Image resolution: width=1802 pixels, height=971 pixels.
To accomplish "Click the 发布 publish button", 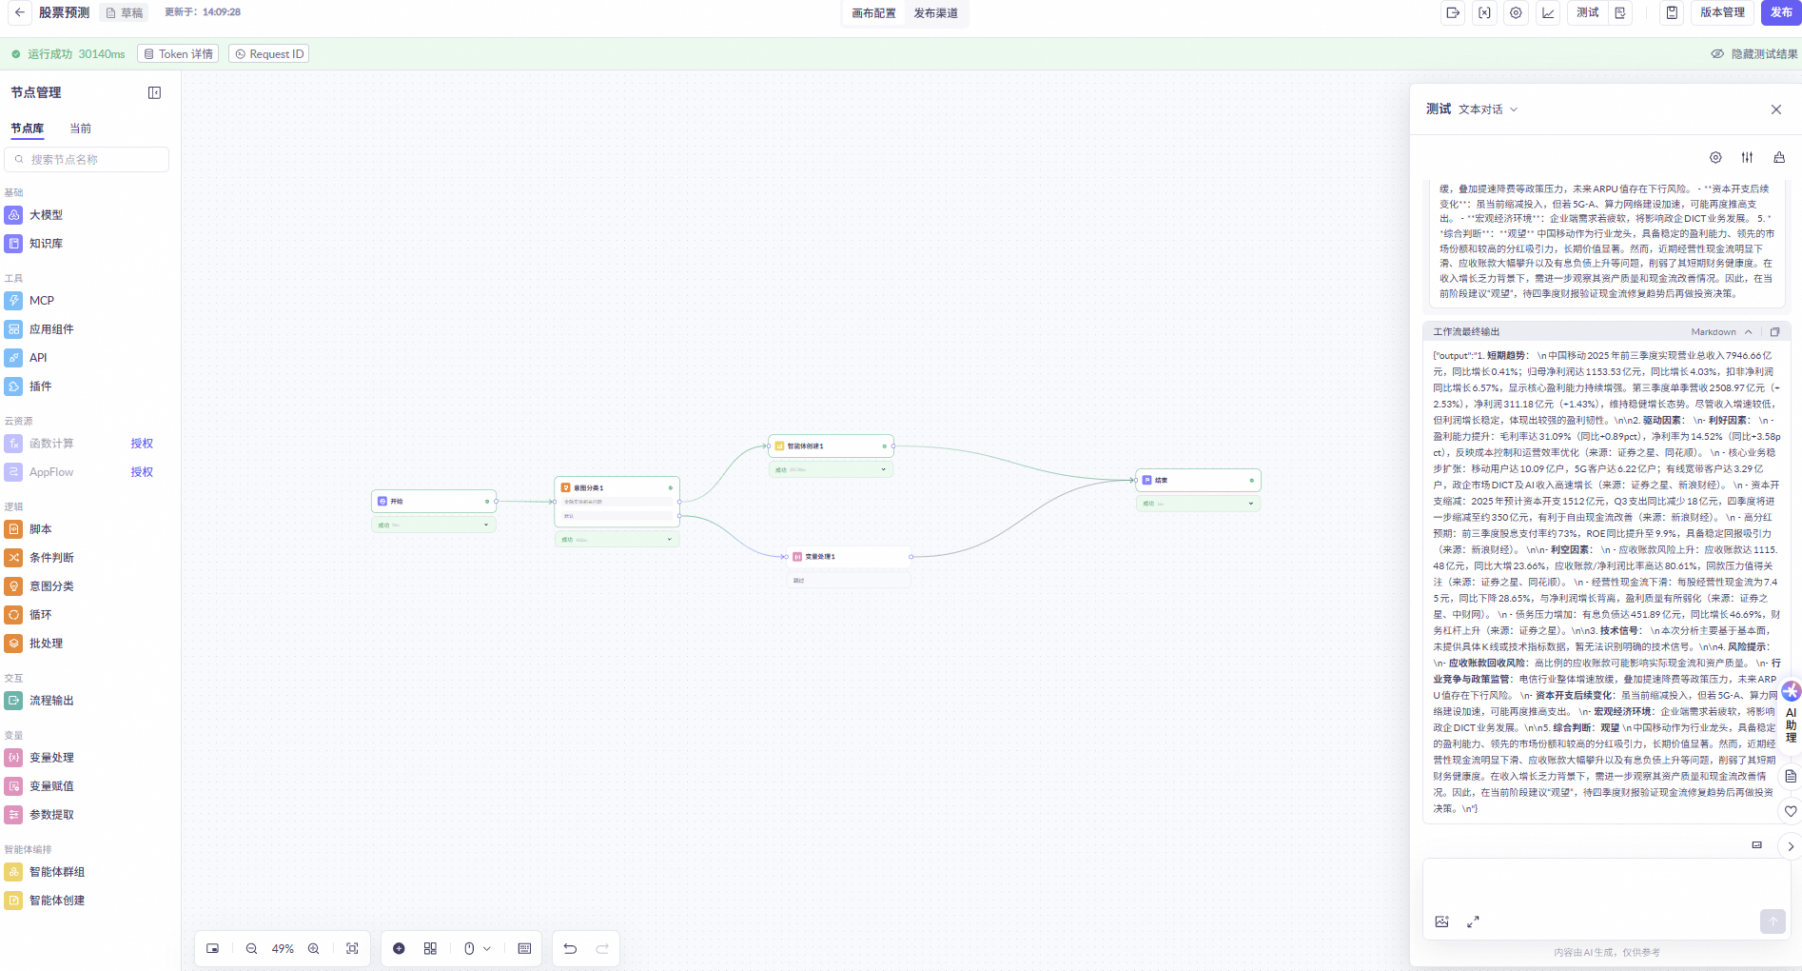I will [1780, 12].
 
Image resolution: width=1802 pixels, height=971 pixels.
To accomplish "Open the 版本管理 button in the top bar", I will [1722, 12].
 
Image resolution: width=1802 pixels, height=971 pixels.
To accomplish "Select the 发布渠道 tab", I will [935, 13].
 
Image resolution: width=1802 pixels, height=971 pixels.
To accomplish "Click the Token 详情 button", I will [178, 54].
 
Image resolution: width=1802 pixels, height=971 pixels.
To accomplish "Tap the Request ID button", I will [270, 54].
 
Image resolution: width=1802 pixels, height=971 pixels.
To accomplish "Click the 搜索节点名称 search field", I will [88, 160].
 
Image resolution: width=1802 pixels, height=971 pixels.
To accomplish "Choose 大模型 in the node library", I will [46, 215].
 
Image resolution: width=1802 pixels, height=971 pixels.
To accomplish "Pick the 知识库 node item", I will [46, 244].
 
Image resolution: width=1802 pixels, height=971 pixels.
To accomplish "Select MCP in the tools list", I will [41, 301].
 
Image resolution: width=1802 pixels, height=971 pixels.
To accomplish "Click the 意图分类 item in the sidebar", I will [51, 586].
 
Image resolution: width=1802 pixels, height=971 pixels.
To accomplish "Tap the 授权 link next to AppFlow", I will [142, 472].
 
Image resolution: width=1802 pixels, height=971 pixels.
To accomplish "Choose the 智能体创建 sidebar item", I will [56, 901].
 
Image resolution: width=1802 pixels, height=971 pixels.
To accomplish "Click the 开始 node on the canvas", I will [433, 501].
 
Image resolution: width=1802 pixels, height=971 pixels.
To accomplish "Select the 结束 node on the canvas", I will [1197, 480].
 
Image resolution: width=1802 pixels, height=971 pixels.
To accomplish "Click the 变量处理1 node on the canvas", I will [847, 557].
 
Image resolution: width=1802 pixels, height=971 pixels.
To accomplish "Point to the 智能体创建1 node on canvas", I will [830, 446].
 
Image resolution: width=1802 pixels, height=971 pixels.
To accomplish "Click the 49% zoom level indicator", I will [283, 949].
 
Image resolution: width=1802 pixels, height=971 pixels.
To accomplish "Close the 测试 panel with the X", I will [1775, 109].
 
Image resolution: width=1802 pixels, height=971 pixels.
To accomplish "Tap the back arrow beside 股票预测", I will [20, 13].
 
